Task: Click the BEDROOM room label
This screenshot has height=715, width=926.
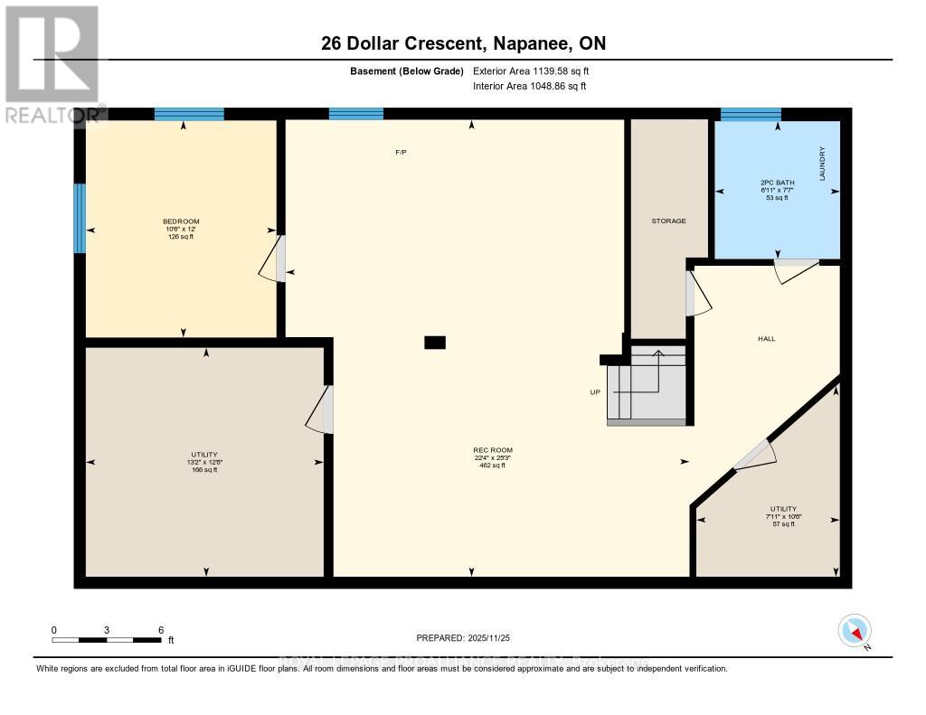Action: point(181,221)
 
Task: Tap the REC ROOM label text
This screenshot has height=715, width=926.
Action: point(486,450)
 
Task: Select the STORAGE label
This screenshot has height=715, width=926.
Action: point(669,221)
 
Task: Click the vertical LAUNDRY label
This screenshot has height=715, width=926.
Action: point(823,165)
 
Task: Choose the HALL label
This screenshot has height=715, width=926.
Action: point(766,339)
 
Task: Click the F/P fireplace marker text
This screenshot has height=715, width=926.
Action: point(401,153)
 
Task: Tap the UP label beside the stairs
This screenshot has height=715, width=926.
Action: point(596,392)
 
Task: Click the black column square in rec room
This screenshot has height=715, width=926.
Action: point(435,343)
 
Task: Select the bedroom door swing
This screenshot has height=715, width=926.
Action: point(272,259)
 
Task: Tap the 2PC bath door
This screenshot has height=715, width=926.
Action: point(796,269)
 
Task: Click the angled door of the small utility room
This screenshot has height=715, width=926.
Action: point(753,456)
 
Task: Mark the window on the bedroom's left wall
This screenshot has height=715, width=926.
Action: point(80,218)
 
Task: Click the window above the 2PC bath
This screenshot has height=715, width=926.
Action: point(750,114)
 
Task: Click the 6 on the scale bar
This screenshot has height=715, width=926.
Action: point(160,630)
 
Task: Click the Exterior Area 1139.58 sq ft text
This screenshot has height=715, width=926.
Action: point(531,71)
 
